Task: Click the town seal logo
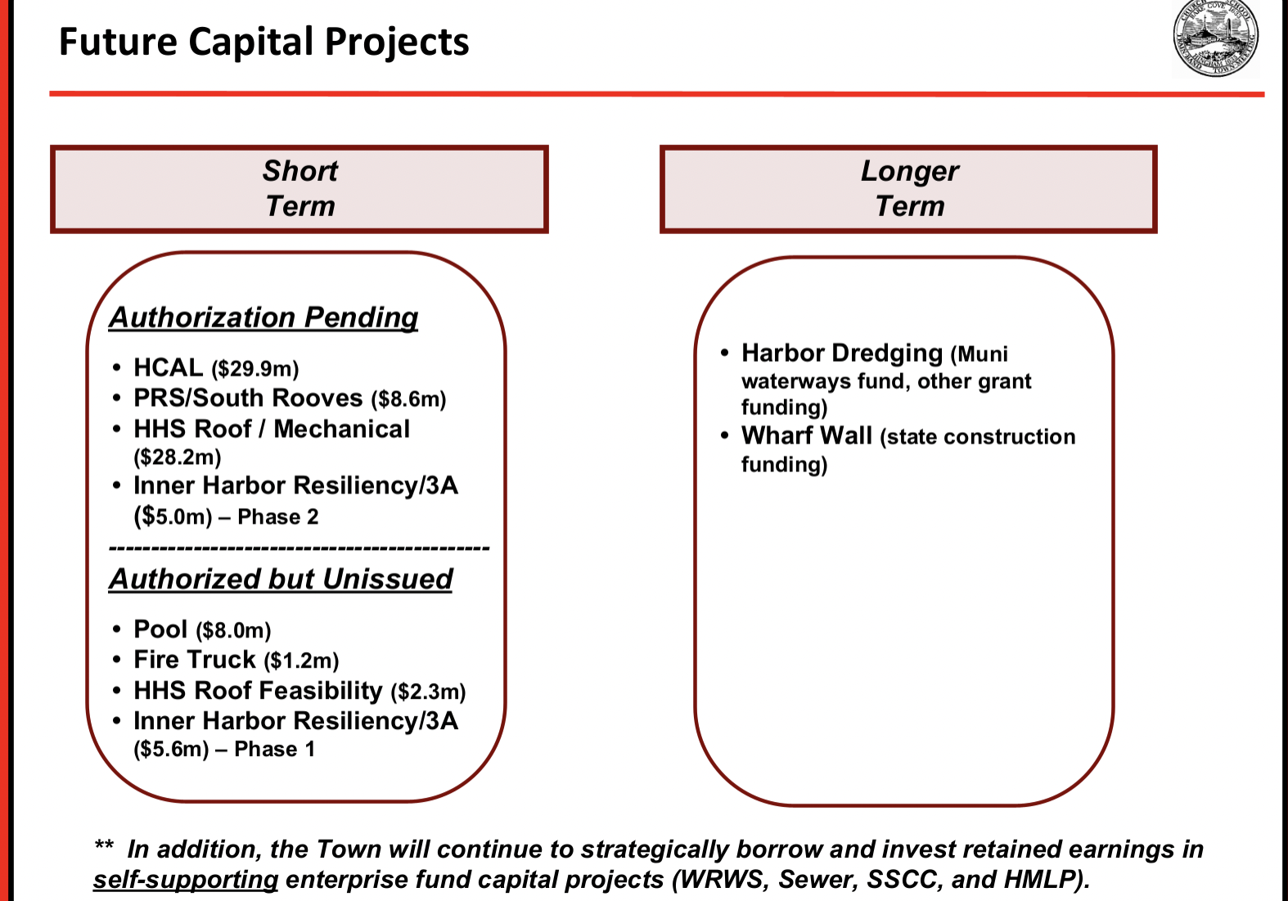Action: coord(1215,38)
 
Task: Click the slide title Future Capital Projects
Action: coord(264,42)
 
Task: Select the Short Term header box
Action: coord(299,189)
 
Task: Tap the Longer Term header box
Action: coord(908,189)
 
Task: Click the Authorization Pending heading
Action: coord(263,318)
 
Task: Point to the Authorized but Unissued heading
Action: coord(281,579)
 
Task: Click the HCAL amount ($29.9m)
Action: coord(255,368)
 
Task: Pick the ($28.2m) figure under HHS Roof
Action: coord(177,457)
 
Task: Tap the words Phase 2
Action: coord(277,516)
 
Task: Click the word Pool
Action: coord(160,629)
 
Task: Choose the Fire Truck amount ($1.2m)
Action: coord(301,660)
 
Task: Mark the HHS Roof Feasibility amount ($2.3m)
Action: coord(428,692)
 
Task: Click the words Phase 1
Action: coord(274,750)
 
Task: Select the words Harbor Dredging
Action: coord(842,353)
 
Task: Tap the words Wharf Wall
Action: coord(807,435)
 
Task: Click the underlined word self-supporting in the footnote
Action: coord(186,880)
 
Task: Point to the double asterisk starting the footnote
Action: coord(104,845)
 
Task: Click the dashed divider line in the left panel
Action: coord(299,548)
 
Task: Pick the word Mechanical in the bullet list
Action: coord(341,429)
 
